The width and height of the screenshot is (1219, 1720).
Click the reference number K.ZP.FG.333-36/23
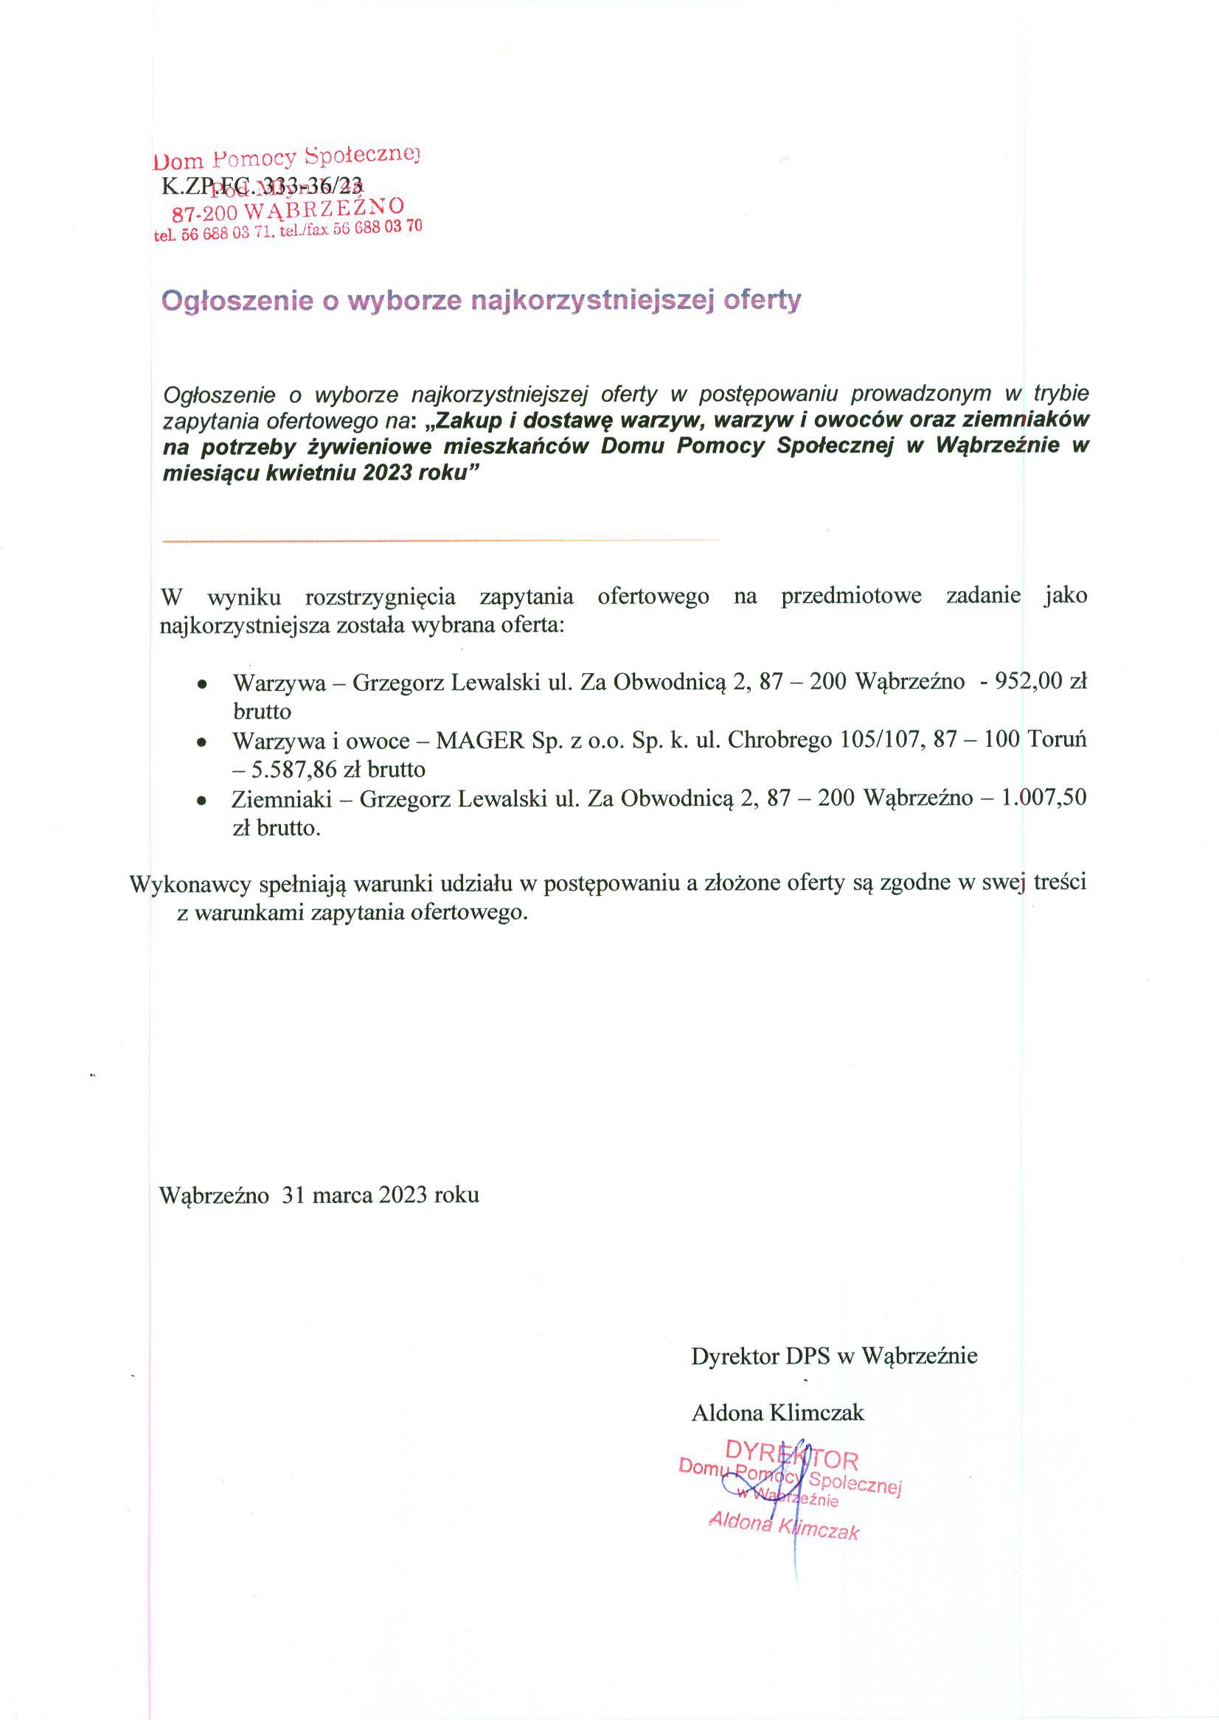(x=262, y=184)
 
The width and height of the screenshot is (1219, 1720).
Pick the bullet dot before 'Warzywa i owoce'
(x=201, y=742)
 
